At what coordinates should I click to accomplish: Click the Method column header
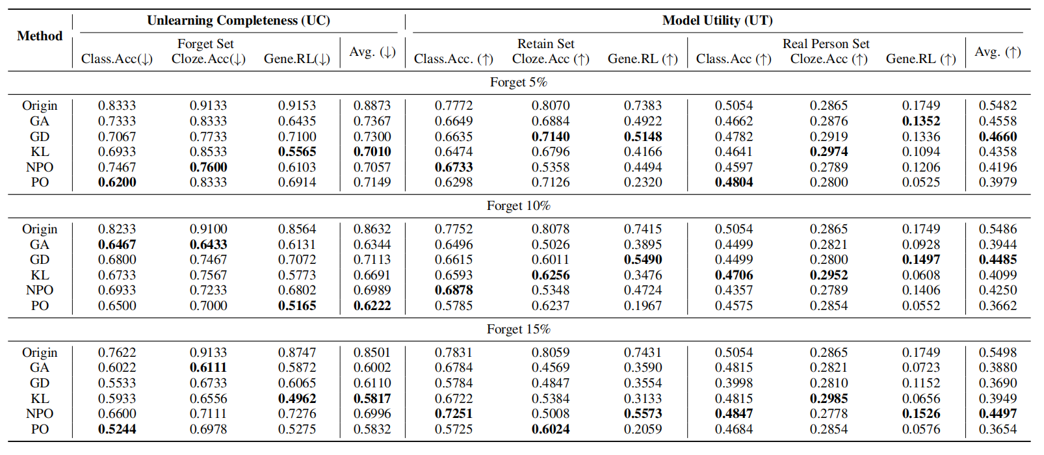click(40, 36)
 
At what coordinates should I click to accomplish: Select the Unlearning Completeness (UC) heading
click(238, 20)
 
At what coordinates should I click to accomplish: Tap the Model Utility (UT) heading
click(717, 20)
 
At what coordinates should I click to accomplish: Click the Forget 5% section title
click(518, 82)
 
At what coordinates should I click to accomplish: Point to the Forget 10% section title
click(518, 205)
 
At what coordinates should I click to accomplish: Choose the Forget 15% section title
click(518, 329)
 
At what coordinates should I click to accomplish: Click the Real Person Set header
click(826, 44)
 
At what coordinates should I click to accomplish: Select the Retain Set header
click(545, 44)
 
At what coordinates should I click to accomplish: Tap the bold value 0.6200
click(117, 182)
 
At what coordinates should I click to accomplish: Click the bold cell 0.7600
click(208, 167)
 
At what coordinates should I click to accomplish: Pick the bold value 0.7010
click(372, 151)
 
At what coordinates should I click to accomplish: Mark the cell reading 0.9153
click(297, 105)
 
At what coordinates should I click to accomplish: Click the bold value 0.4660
click(997, 136)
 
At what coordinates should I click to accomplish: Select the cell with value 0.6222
click(372, 305)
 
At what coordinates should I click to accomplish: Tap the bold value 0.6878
click(454, 290)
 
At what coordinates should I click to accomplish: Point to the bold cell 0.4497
click(997, 413)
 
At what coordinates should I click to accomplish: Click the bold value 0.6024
click(550, 429)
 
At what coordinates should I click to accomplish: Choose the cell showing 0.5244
click(117, 429)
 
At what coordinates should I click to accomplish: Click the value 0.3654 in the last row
click(997, 429)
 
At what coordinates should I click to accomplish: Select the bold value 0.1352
click(920, 121)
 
